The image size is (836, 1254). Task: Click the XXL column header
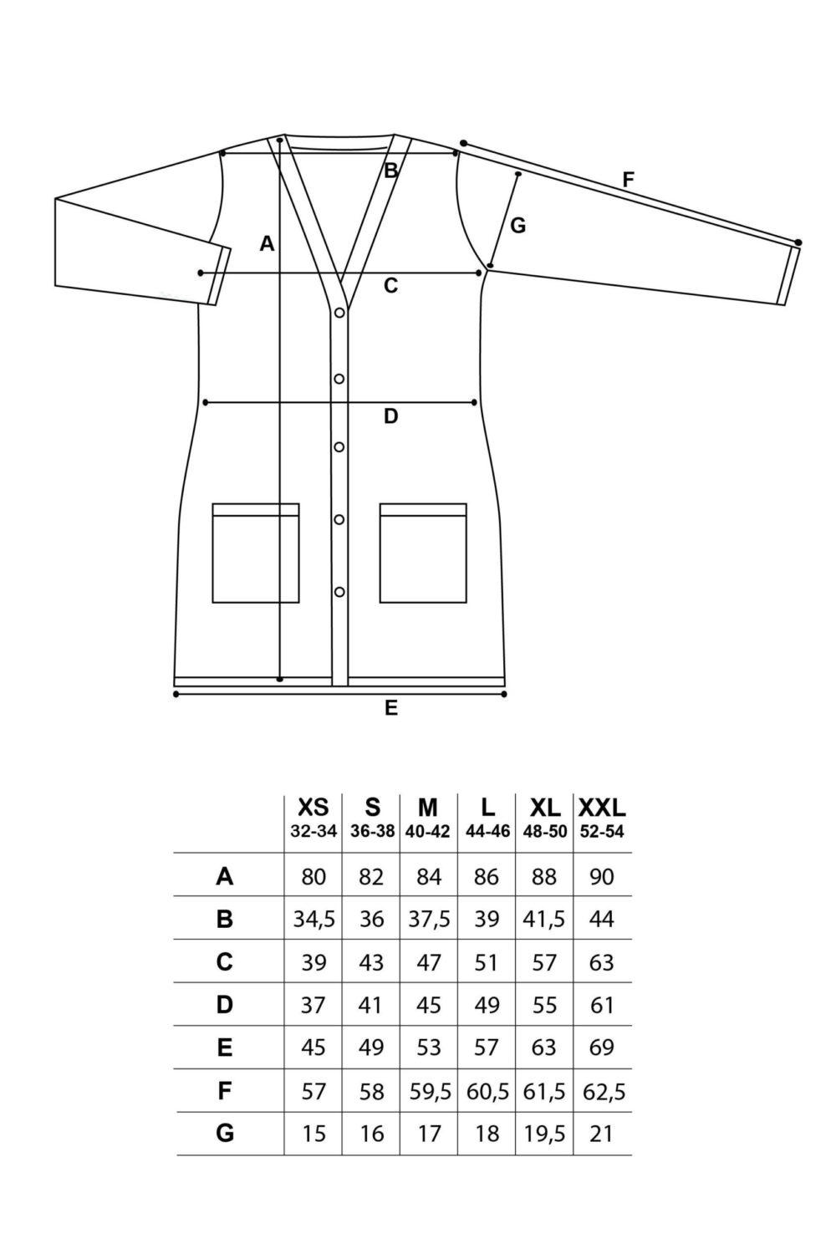[x=601, y=808]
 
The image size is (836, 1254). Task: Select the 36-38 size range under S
[x=372, y=832]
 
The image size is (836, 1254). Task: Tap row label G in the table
[x=225, y=1133]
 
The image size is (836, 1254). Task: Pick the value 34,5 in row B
[x=313, y=920]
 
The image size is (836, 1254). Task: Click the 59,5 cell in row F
[x=430, y=1092]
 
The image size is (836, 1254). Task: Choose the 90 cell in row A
[x=602, y=876]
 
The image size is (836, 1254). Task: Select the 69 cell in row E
[x=602, y=1048]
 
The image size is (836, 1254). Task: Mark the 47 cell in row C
[x=429, y=962]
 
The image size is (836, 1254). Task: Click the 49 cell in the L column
[x=487, y=1006]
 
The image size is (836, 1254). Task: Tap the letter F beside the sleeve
[x=629, y=181]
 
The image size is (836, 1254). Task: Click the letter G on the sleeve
[x=518, y=226]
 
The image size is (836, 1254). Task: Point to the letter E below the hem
[x=391, y=708]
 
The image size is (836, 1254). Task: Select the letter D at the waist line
[x=391, y=416]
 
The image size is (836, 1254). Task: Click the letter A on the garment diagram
[x=267, y=243]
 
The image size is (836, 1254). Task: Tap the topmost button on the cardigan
[x=339, y=313]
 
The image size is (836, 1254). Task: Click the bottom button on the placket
[x=339, y=592]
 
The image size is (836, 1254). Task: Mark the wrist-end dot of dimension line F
[x=798, y=242]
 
